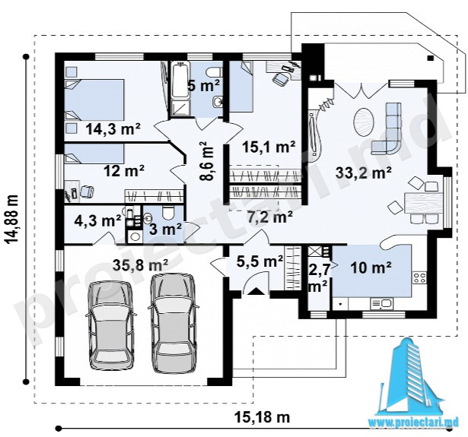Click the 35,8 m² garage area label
[141, 265]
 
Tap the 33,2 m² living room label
[364, 173]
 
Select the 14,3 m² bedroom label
[113, 128]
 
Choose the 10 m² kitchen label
[371, 268]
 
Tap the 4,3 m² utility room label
[97, 221]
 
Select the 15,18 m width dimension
[262, 416]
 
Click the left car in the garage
[110, 326]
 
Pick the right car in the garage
[173, 323]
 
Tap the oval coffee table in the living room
[363, 121]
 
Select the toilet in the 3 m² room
[169, 213]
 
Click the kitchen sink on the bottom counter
[382, 304]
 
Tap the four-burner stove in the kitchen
[419, 278]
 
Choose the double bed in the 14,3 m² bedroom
[94, 100]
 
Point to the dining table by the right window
[422, 203]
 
